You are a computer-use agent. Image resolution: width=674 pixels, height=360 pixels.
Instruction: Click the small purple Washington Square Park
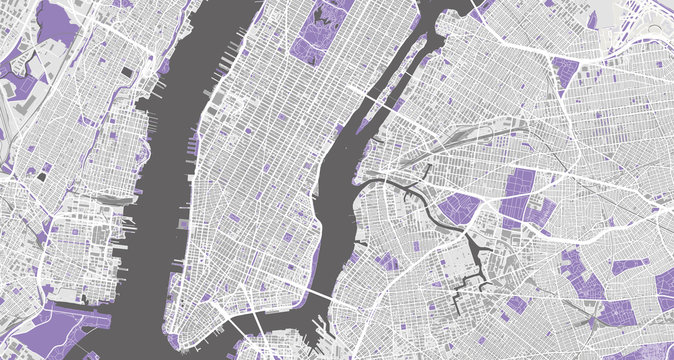[232, 216]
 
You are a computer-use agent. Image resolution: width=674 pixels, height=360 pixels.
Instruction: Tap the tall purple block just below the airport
[565, 75]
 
